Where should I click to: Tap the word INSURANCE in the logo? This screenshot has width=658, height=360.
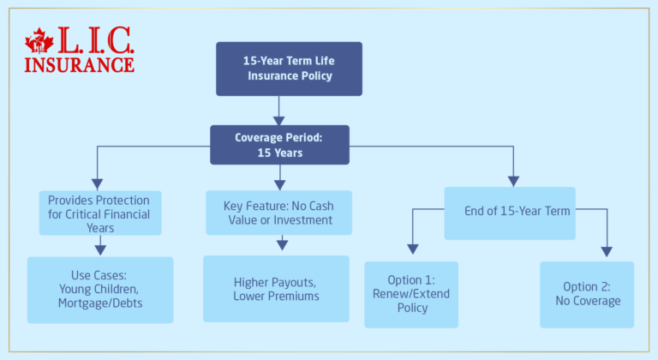pyautogui.click(x=79, y=64)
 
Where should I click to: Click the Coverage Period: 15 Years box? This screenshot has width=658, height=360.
pyautogui.click(x=279, y=145)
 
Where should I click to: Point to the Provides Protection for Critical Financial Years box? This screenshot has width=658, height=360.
pyautogui.click(x=100, y=213)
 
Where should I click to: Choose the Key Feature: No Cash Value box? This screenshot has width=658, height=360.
pyautogui.click(x=279, y=212)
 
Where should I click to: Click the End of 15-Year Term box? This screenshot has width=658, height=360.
pyautogui.click(x=509, y=213)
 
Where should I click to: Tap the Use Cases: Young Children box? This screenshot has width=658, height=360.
pyautogui.click(x=100, y=290)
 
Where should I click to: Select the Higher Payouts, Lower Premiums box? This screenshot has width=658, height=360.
pyautogui.click(x=276, y=289)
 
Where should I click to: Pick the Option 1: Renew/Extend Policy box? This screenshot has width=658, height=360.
pyautogui.click(x=411, y=294)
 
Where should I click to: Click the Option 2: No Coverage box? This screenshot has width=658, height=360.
pyautogui.click(x=587, y=294)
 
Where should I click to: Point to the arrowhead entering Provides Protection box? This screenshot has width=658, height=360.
pyautogui.click(x=97, y=183)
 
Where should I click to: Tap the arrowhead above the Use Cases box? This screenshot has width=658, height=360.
pyautogui.click(x=100, y=249)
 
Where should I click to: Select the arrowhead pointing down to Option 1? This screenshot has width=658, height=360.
pyautogui.click(x=412, y=249)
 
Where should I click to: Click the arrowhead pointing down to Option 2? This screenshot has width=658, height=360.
pyautogui.click(x=607, y=251)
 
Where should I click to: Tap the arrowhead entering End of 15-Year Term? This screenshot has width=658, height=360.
pyautogui.click(x=513, y=181)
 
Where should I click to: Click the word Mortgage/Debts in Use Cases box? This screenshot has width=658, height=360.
pyautogui.click(x=100, y=303)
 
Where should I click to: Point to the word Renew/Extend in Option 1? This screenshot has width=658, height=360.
pyautogui.click(x=411, y=294)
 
